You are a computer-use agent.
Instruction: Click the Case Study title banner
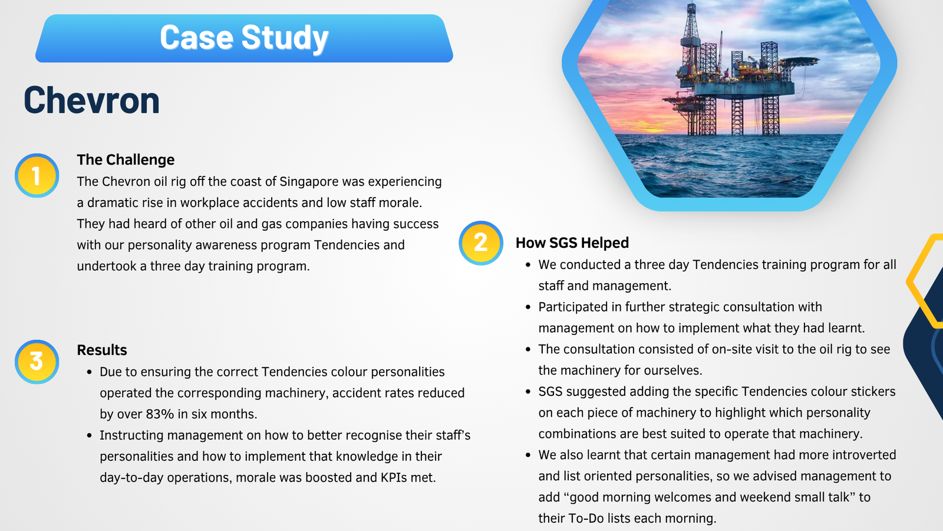(x=244, y=38)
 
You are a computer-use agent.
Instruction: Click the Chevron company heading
(x=91, y=100)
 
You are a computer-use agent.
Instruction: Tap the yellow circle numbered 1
(x=37, y=175)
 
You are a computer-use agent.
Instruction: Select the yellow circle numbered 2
(x=481, y=243)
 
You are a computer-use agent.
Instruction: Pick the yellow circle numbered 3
(x=37, y=362)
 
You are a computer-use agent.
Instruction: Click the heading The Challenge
(x=126, y=160)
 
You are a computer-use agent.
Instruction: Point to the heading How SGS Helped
(x=572, y=242)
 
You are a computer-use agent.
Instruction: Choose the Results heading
(x=102, y=350)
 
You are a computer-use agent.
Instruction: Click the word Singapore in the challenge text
(x=309, y=182)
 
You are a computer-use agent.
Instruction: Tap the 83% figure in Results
(x=160, y=414)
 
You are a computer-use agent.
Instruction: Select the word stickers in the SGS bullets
(x=873, y=392)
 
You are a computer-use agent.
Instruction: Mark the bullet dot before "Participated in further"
(x=528, y=307)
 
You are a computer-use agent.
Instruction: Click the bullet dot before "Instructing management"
(x=89, y=435)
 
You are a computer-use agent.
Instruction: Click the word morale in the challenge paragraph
(x=400, y=203)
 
